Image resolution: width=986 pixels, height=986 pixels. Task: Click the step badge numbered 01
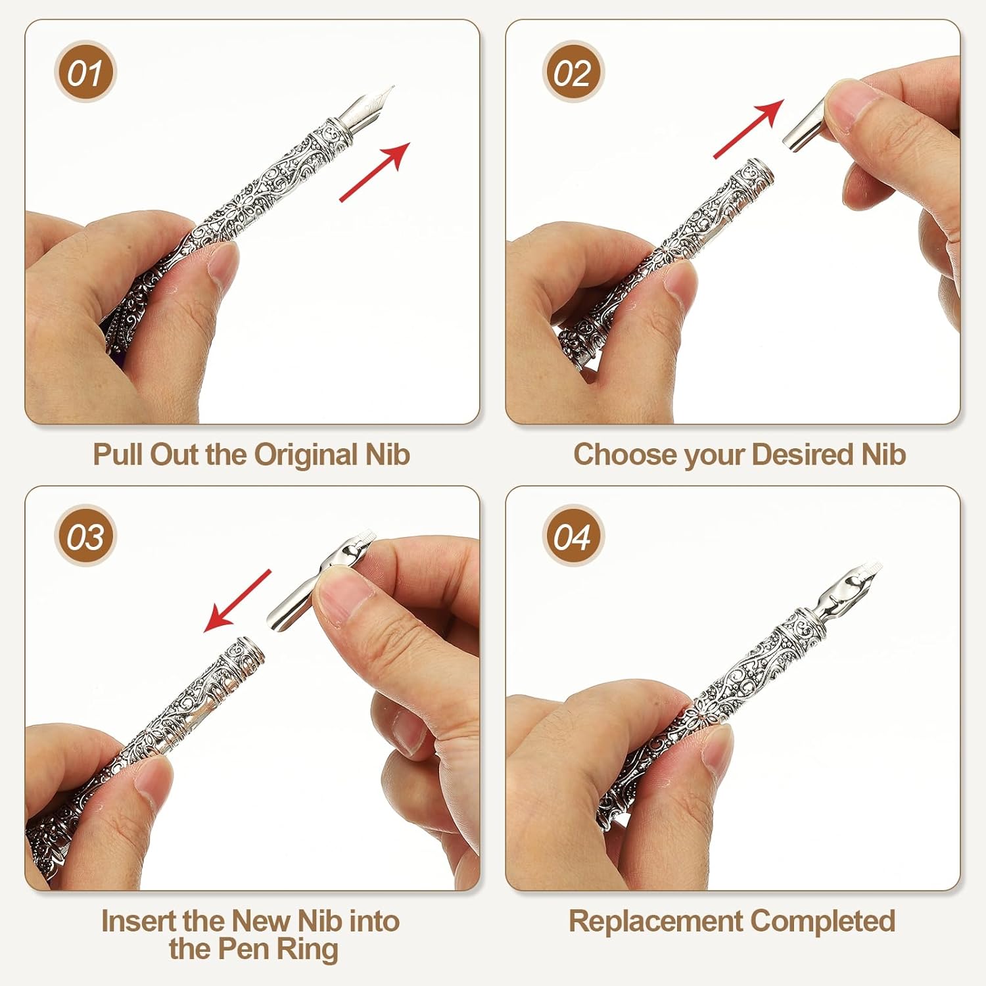(x=85, y=73)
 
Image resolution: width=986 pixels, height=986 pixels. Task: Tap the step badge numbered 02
(x=573, y=73)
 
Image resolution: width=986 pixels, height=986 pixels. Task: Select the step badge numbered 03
(x=85, y=536)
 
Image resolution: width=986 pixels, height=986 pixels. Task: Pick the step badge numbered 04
(x=573, y=536)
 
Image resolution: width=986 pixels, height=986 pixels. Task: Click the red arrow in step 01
(x=375, y=172)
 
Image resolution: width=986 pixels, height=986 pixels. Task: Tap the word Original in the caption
(x=305, y=456)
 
